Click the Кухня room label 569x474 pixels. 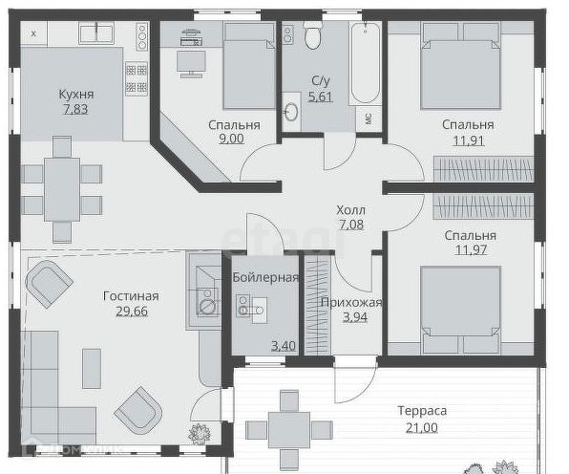click(x=76, y=94)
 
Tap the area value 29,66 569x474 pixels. click(x=132, y=312)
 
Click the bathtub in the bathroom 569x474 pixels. click(x=366, y=63)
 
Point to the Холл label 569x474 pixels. click(x=350, y=210)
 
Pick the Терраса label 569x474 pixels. click(x=422, y=411)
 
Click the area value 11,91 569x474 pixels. click(x=469, y=140)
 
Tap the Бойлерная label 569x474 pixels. click(x=265, y=278)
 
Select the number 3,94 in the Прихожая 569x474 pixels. click(x=355, y=316)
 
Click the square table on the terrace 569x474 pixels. click(x=289, y=430)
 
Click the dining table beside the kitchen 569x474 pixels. click(x=62, y=189)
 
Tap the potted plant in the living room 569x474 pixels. click(x=200, y=433)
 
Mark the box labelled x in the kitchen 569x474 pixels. click(x=33, y=33)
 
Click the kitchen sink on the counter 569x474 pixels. click(x=96, y=33)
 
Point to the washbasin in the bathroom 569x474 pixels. click(x=291, y=112)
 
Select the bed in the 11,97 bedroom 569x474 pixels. click(x=461, y=310)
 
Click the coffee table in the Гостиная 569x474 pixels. click(x=92, y=369)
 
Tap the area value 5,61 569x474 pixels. click(x=320, y=97)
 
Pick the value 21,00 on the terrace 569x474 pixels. click(x=422, y=427)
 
